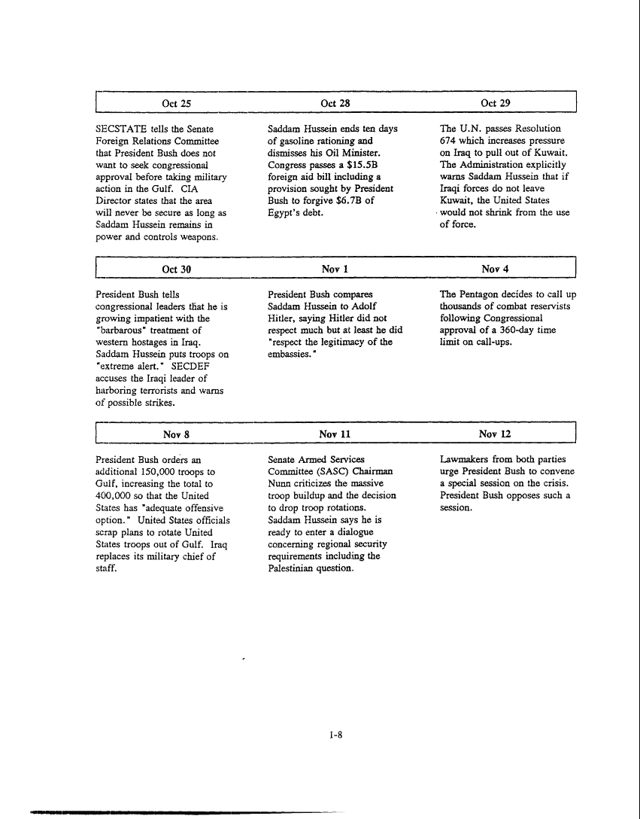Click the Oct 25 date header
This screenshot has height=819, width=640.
[x=176, y=103]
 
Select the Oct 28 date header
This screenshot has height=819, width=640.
[x=335, y=103]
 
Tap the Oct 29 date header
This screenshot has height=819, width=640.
[x=496, y=103]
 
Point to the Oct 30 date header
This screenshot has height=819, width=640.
[x=176, y=269]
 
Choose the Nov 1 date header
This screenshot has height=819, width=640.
[x=335, y=269]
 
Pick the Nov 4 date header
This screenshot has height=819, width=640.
[x=496, y=269]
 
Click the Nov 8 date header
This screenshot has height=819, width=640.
[x=176, y=434]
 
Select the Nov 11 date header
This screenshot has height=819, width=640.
[x=335, y=434]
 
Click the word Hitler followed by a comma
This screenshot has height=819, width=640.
[x=283, y=318]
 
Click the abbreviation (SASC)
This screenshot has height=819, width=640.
[x=328, y=471]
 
